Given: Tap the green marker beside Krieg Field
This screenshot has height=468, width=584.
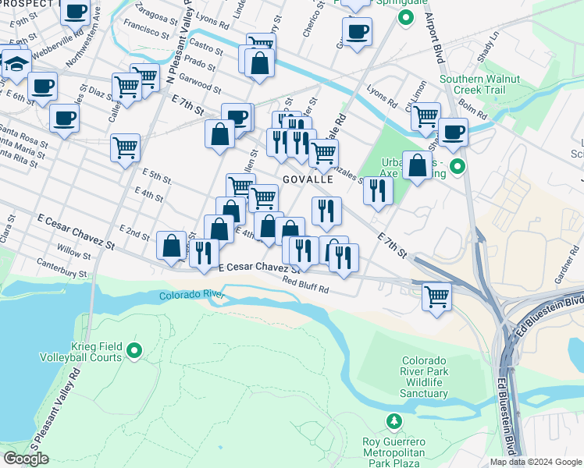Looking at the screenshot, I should (x=134, y=352).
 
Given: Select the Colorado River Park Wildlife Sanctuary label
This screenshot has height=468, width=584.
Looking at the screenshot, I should (x=424, y=378).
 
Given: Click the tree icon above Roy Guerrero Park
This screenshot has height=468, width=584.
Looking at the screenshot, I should (x=394, y=422).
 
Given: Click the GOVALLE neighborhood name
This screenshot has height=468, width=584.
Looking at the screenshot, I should (x=308, y=179).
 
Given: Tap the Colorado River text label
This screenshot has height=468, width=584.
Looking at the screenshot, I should (x=191, y=296).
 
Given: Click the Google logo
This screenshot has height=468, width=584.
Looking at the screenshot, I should (x=26, y=459).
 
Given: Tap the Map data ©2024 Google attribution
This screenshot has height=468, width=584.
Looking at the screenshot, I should (x=535, y=462).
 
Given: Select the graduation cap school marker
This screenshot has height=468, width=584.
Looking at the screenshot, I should (x=15, y=62).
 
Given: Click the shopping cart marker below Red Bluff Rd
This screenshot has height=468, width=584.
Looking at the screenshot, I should (x=436, y=296).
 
